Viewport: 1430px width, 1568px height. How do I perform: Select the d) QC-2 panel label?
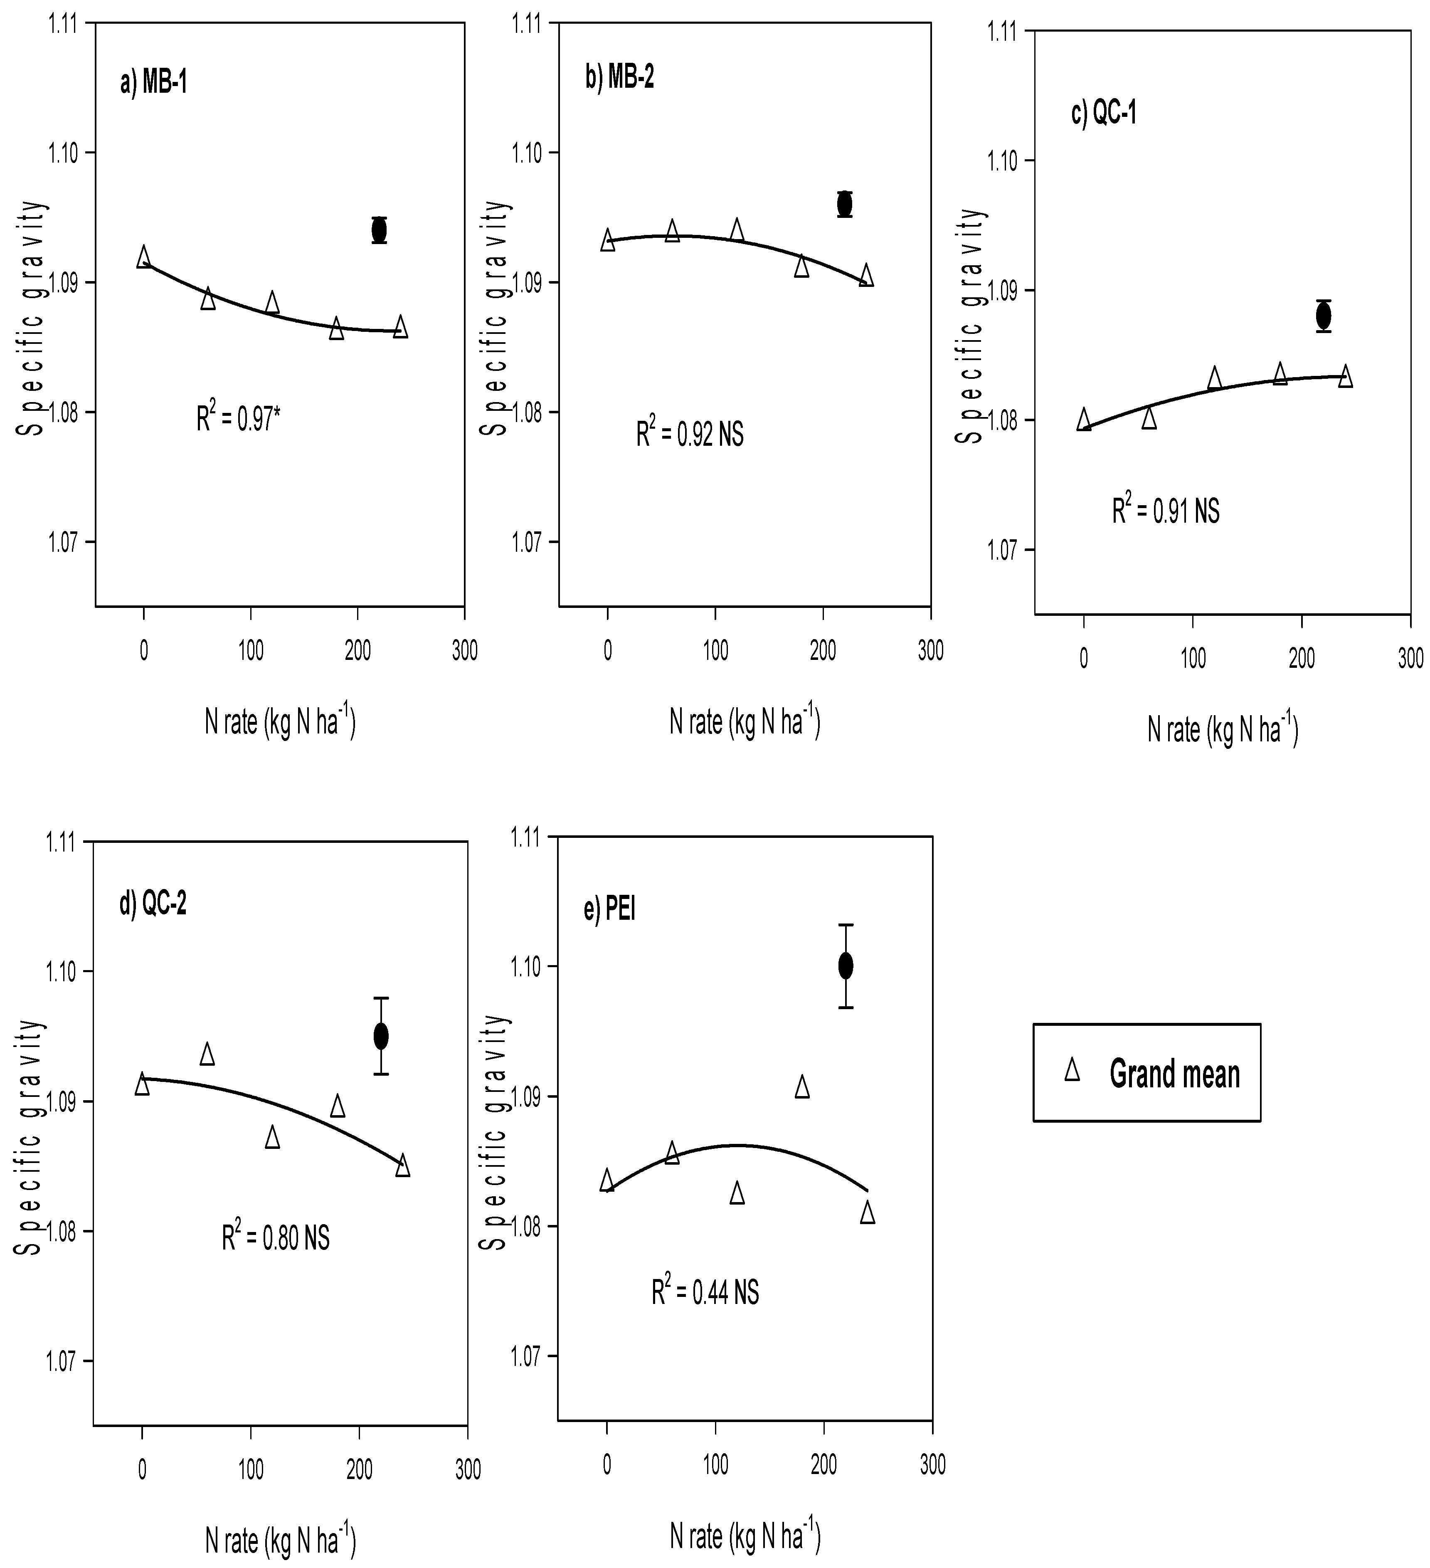coord(153,904)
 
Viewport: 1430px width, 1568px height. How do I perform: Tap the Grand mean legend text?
coord(1174,1074)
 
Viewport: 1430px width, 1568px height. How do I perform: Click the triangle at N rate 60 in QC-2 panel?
coord(207,1054)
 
